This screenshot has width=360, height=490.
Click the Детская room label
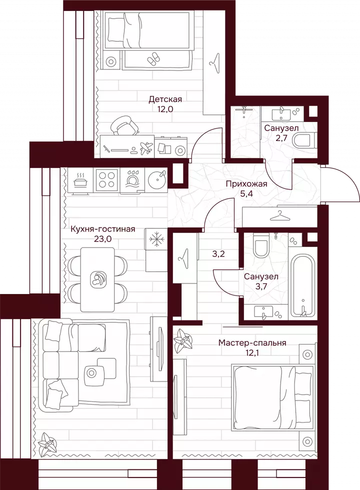point(165,99)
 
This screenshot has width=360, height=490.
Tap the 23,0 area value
point(102,239)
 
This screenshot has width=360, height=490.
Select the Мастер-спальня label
point(252,343)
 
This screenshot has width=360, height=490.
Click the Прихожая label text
point(246,184)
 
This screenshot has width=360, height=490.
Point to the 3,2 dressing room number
point(218,253)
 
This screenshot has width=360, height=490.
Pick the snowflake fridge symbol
point(155,240)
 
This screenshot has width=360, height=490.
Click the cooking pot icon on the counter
point(81,180)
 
